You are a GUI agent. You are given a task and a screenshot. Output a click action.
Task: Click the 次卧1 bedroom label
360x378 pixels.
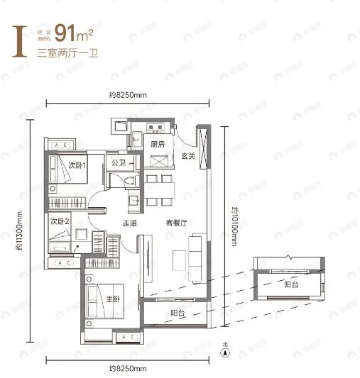(77, 165)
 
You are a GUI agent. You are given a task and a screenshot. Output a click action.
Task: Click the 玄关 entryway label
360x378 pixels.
(187, 156)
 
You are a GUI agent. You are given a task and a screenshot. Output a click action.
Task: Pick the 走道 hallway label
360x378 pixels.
(129, 223)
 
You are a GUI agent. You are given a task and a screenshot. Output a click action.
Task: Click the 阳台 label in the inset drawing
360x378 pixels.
(290, 284)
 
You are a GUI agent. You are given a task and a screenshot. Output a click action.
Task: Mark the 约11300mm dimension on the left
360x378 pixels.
(23, 233)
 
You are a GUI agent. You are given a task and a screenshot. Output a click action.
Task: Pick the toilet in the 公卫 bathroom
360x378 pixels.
(130, 180)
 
